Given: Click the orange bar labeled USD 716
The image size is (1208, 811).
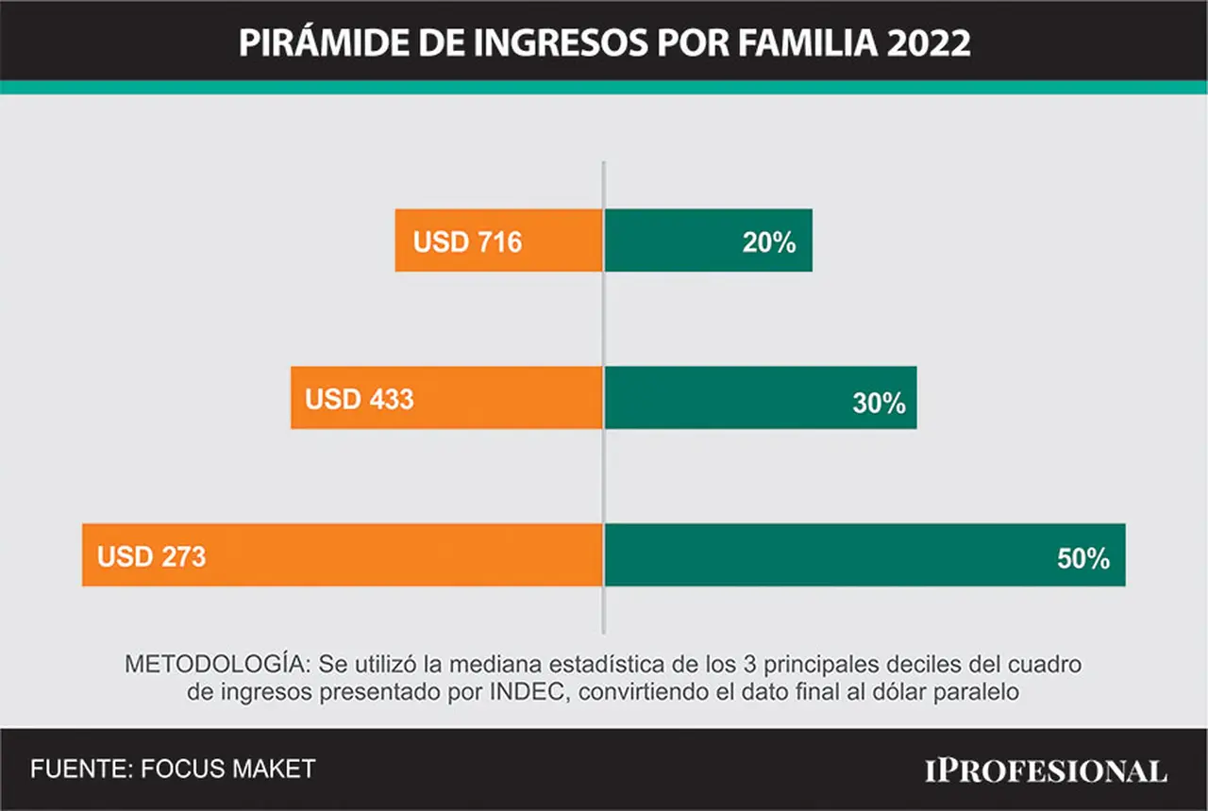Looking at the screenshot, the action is coord(499,240).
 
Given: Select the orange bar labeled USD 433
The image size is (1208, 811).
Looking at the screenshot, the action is coord(446,398).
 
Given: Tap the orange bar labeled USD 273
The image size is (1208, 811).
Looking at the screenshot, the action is coord(343,555).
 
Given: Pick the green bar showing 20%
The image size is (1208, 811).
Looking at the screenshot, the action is coord(709,240).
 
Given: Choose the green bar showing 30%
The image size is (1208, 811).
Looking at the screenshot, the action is coord(761,398).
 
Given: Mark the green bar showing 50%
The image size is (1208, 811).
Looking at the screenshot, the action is coord(865,555).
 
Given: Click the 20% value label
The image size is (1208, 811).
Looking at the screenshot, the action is coord(769,242).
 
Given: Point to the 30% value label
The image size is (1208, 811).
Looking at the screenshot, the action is coord(879,403).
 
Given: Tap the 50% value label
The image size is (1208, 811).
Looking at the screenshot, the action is coord(1083,558).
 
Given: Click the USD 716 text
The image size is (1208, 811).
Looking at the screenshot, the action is coord(467,241).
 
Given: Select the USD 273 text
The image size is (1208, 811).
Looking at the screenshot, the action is coord(152,556).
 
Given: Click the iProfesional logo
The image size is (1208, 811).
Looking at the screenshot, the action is coord(1047,770).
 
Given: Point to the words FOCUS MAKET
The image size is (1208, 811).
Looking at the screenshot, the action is coord(227,769).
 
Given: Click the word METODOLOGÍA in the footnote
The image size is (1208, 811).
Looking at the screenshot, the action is coord(218,663).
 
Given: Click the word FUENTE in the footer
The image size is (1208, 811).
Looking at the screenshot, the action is coord(82,769).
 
